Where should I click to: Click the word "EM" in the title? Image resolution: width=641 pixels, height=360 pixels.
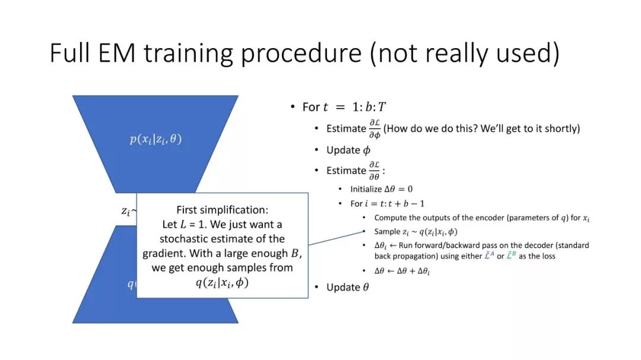click(116, 53)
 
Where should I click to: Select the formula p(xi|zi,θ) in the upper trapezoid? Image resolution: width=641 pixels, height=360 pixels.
click(156, 139)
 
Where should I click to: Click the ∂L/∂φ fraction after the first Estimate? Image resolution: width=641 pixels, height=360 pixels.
click(375, 129)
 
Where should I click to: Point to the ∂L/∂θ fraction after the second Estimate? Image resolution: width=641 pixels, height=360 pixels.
click(375, 170)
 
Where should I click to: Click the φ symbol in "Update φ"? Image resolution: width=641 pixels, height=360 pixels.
click(367, 151)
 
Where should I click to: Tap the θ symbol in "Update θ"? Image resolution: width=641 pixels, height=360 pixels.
click(366, 287)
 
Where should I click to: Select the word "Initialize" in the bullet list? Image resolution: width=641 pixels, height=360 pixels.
click(366, 189)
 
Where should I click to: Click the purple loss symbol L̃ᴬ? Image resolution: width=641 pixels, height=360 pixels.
click(489, 256)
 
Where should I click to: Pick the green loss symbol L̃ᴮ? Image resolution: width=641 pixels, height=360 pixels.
click(511, 256)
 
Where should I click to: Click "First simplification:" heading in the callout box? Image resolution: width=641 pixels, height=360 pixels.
click(223, 209)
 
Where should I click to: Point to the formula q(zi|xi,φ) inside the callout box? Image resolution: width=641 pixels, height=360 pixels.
click(223, 282)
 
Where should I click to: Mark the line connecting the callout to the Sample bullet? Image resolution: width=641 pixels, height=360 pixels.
click(336, 238)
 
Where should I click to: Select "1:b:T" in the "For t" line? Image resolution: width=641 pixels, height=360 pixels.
click(369, 107)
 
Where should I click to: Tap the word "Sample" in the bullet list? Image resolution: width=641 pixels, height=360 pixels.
click(387, 232)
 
